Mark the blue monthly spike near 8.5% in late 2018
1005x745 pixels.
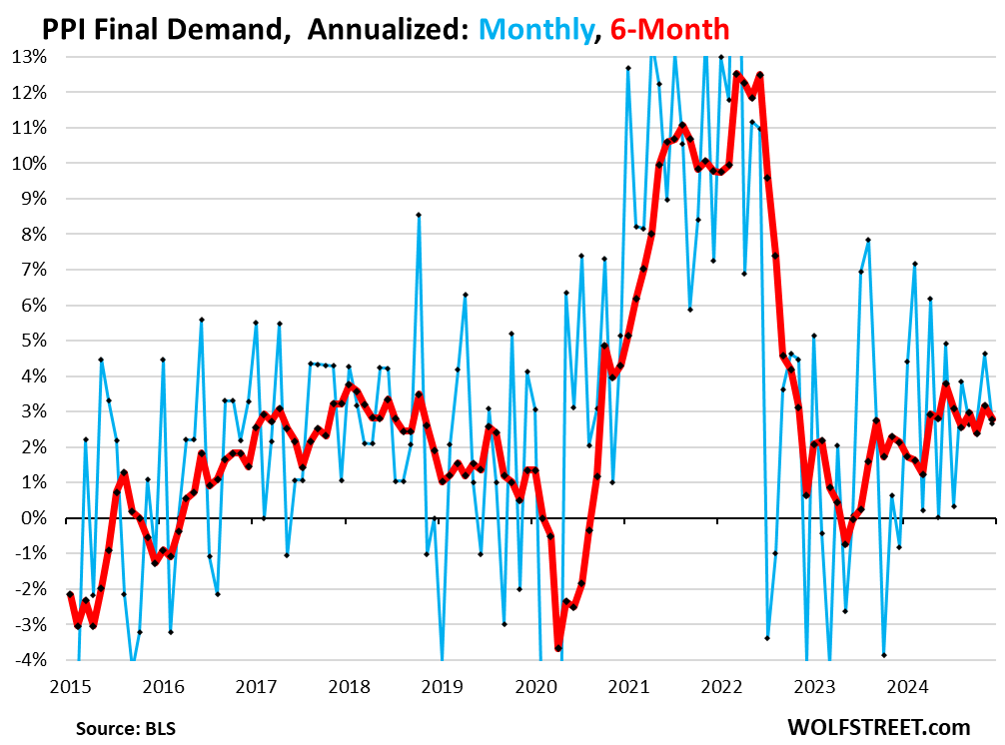click(419, 215)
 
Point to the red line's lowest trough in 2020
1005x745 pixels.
click(557, 648)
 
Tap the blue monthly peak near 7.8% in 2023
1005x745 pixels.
click(868, 240)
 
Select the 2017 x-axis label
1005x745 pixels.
click(256, 686)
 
